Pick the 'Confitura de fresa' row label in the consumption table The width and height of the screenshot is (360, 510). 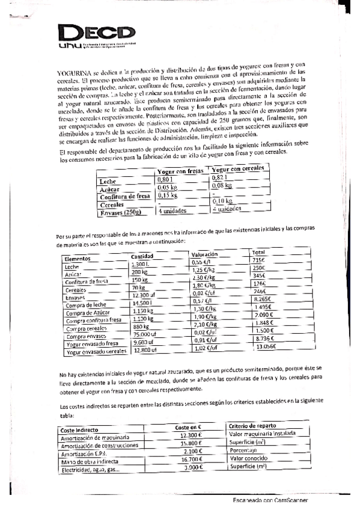tap(124, 196)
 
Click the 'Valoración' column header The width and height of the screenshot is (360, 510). tap(205, 254)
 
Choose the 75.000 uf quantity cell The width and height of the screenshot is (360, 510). tap(146, 334)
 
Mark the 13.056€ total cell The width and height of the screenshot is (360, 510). tap(266, 346)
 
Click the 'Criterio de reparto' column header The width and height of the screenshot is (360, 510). tap(253, 426)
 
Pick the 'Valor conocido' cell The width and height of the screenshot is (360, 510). tap(248, 458)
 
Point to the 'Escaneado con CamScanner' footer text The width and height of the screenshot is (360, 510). tap(271, 499)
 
